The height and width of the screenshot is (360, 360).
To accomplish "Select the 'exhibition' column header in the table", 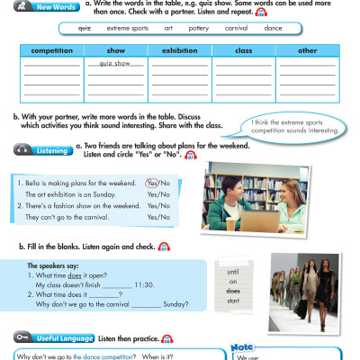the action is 179,50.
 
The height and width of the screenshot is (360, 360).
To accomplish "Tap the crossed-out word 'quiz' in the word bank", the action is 85,28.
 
